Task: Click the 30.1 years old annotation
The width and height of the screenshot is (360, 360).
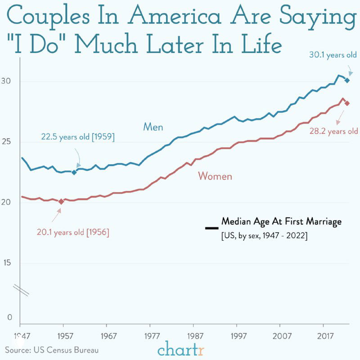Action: click(x=333, y=55)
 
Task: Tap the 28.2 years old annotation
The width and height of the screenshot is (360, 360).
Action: click(x=333, y=131)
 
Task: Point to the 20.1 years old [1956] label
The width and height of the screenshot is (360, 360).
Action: click(x=73, y=233)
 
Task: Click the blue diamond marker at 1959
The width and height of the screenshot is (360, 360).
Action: click(x=74, y=172)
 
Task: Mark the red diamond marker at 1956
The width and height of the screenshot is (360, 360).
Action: click(x=61, y=202)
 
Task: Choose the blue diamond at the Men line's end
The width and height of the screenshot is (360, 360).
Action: click(x=347, y=80)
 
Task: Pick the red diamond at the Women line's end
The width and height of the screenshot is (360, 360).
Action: click(x=347, y=103)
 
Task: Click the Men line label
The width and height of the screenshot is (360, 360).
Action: click(x=153, y=127)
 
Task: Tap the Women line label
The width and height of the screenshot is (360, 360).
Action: click(x=215, y=176)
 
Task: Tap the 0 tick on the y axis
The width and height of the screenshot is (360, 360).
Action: click(x=9, y=317)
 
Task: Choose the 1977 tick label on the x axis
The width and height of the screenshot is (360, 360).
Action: click(x=150, y=336)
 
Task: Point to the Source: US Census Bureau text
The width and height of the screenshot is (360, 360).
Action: click(x=52, y=350)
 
